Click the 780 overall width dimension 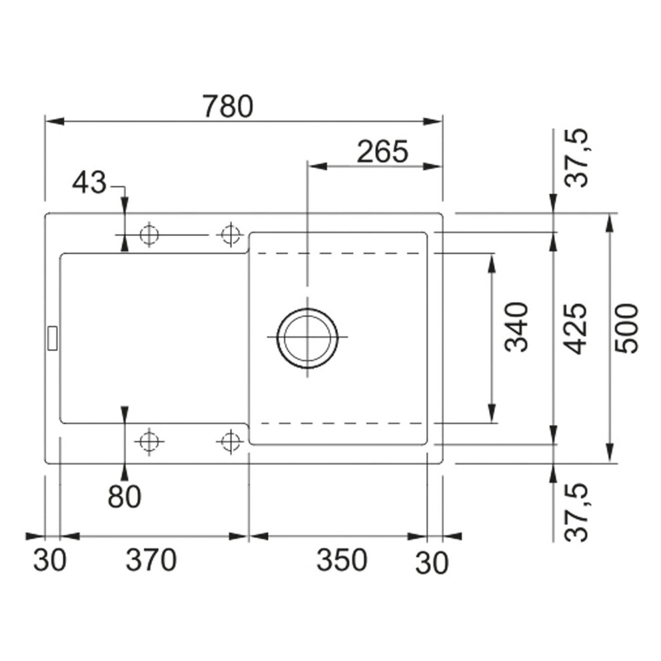228,106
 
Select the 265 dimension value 382,152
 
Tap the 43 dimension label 89,182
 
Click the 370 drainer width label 151,560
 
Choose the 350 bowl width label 341,560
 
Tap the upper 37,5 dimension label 574,158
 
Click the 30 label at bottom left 50,560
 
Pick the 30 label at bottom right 432,563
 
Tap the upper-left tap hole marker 148,235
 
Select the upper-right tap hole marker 230,235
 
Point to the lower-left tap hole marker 148,440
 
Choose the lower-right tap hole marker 230,440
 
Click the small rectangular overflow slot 51,337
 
